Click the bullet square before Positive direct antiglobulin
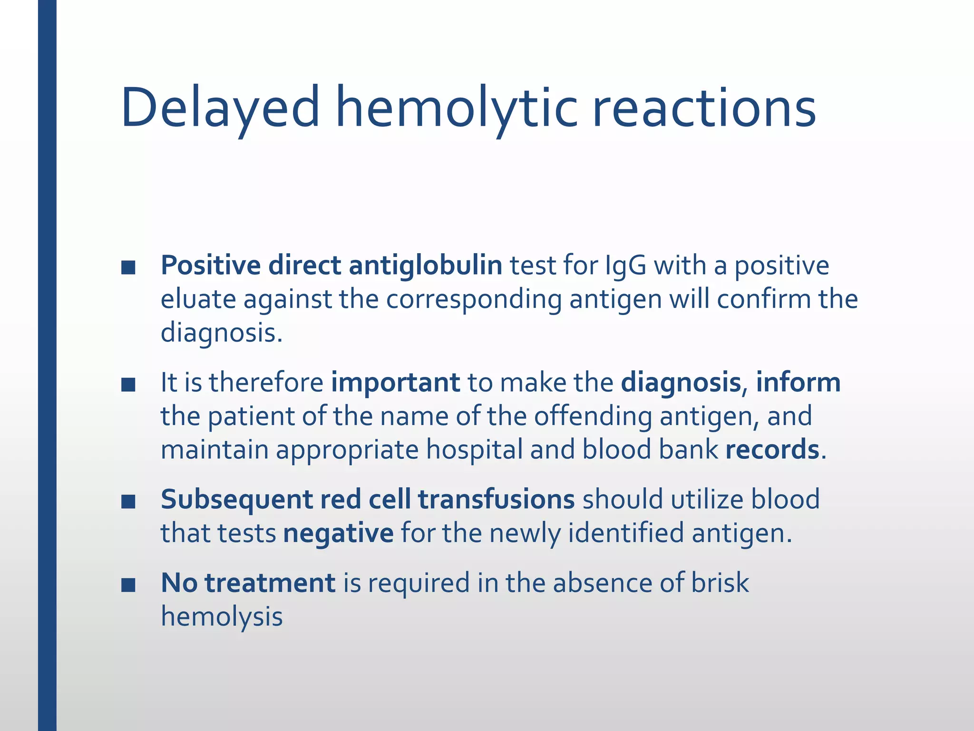128,267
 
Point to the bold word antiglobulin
425,266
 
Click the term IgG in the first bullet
625,266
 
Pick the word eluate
198,299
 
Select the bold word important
395,383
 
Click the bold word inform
798,383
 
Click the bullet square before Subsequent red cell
128,502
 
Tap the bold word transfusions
496,500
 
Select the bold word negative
338,533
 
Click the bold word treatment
270,583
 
